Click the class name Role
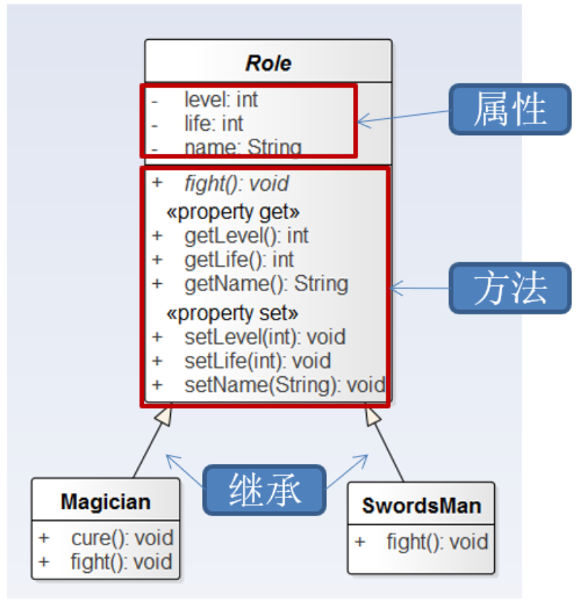(x=268, y=63)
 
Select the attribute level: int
(x=221, y=99)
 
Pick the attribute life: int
(x=214, y=123)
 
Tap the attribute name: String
(x=243, y=147)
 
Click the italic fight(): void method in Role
(x=237, y=184)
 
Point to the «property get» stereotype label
(x=233, y=212)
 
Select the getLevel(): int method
(x=246, y=236)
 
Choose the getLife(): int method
(x=239, y=260)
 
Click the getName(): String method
(x=267, y=284)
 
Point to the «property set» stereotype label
(x=232, y=313)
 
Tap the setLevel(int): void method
(x=265, y=337)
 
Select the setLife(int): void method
(x=258, y=361)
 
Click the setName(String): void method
(x=285, y=385)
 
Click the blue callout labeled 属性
(x=510, y=109)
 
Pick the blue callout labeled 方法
(x=510, y=288)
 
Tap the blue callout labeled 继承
(x=265, y=490)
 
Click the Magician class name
(x=106, y=502)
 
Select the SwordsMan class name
(x=421, y=506)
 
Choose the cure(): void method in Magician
(x=122, y=538)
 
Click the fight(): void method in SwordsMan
(x=437, y=542)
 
